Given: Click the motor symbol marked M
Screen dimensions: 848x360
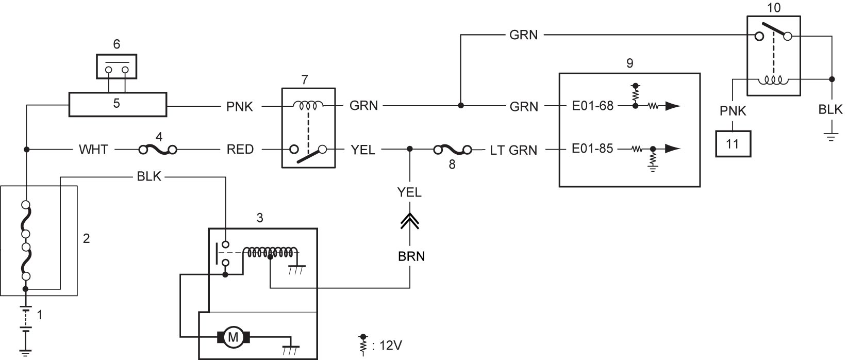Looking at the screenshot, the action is coord(233,336).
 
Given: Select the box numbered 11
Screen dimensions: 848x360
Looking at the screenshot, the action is coord(733,143).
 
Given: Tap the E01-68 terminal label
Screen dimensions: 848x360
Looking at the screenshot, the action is coord(592,106).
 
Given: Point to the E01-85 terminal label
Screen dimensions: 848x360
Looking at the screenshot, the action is coord(592,149).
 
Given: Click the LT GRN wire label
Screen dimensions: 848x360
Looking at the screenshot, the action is coord(513,150).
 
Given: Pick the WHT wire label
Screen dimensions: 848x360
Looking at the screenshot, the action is coord(93,149).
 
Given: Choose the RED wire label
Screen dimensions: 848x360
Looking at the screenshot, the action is coord(240,149).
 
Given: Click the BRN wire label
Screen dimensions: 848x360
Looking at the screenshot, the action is coord(411,256).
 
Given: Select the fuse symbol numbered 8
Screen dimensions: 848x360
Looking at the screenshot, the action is coord(453,150).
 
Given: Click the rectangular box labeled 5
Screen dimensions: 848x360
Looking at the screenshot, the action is coord(118,104).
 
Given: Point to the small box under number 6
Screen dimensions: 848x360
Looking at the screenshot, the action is coord(117,67).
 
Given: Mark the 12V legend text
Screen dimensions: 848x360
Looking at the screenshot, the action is coord(390,346).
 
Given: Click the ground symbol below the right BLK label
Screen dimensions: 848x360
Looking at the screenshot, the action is coord(831,137).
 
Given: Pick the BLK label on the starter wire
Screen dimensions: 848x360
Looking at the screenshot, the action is coord(149,176).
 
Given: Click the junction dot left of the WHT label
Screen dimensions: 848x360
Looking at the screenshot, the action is coord(26,150).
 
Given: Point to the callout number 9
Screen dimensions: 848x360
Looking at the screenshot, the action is coord(629,63).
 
